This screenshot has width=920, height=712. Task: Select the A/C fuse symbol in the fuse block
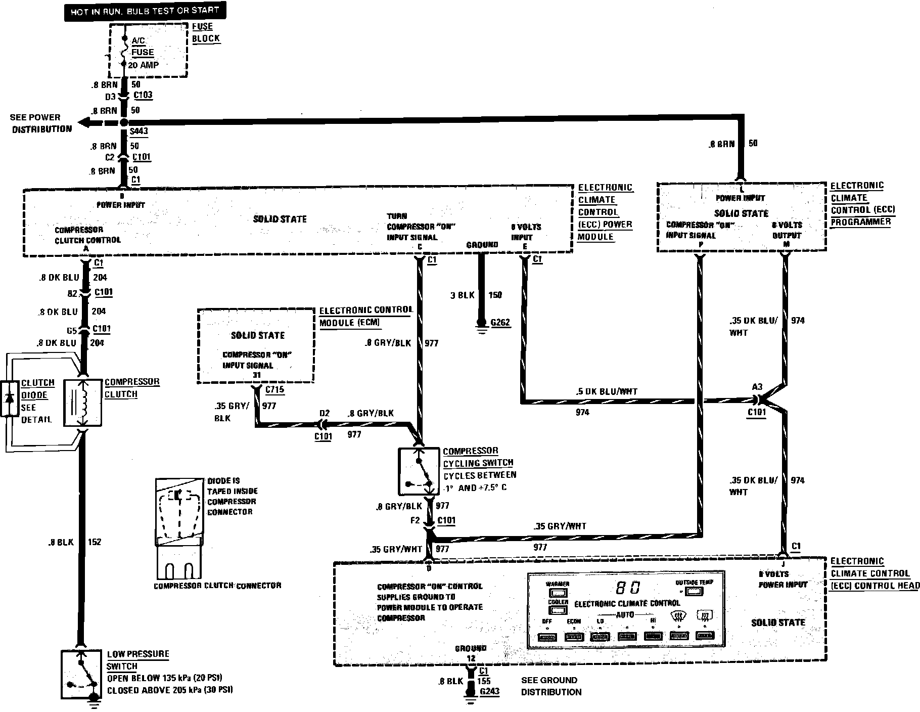tap(124, 51)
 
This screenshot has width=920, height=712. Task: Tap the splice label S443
tap(139, 131)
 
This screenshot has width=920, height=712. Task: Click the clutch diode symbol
tap(9, 398)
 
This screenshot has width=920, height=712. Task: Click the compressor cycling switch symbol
tap(419, 471)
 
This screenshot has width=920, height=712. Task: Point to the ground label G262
tap(500, 323)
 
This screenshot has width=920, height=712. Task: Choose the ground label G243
tap(489, 691)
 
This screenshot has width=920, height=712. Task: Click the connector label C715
tap(274, 390)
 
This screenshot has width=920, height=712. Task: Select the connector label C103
tap(142, 95)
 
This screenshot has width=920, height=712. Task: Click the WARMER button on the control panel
tap(557, 592)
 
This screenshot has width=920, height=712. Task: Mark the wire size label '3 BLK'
tap(463, 295)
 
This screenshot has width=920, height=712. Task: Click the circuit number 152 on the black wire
tap(95, 542)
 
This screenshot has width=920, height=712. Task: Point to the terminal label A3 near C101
tap(757, 387)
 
